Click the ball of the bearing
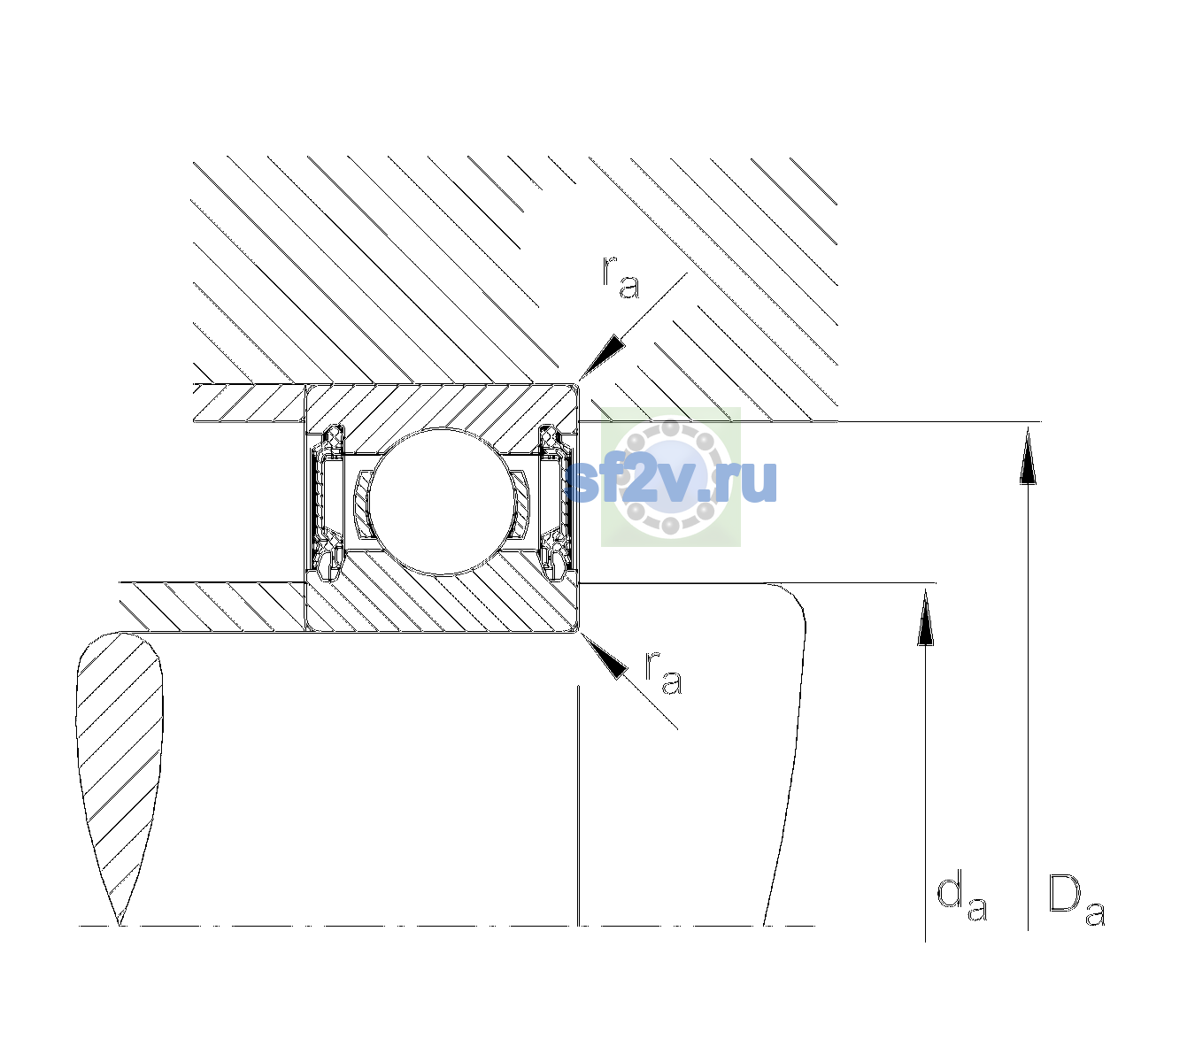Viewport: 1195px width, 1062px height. (442, 501)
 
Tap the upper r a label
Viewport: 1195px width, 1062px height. (621, 277)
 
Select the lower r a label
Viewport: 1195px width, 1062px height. (664, 673)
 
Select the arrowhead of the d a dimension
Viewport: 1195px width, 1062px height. (925, 617)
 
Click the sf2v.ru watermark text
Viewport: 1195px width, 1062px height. (670, 481)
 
